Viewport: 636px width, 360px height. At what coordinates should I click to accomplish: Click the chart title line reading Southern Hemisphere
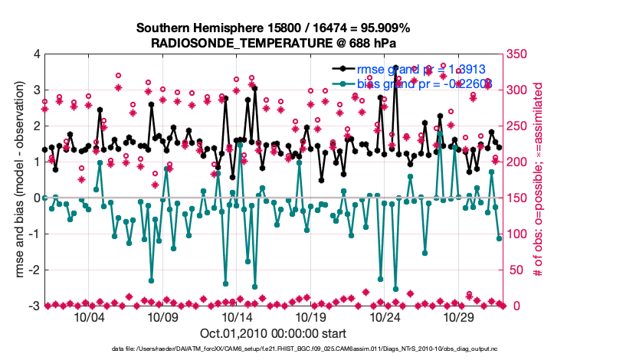[273, 28]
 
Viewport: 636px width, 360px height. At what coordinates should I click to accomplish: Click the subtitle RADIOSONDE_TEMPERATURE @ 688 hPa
[273, 43]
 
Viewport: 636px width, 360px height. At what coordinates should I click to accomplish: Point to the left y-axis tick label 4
[36, 54]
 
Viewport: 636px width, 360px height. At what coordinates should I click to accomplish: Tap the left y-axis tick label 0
[36, 198]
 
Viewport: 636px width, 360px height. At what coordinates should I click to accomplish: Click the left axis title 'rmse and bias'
[15, 180]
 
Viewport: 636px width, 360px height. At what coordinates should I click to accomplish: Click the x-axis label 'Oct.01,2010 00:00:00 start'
[273, 334]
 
